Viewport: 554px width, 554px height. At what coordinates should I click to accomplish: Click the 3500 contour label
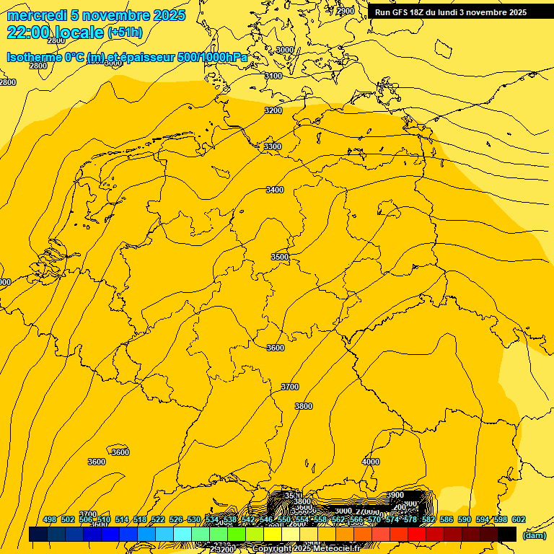(280, 257)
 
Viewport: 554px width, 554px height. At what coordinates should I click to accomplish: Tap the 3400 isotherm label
(275, 190)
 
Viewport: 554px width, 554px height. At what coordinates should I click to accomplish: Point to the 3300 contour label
(273, 146)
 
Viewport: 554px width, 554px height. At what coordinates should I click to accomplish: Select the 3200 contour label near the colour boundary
(273, 110)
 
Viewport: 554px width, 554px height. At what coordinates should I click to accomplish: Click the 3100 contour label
(273, 76)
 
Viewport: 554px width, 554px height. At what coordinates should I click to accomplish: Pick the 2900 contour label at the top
(346, 11)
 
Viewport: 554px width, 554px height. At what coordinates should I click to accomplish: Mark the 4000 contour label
(371, 462)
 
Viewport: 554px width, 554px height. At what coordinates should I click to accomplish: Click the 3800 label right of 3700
(304, 406)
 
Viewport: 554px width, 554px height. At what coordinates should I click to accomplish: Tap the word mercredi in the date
(36, 15)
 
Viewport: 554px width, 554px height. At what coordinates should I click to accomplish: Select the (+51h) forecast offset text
(125, 32)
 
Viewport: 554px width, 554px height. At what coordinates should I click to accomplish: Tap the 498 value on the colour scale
(50, 519)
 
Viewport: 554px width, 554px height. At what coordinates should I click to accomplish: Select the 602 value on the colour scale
(519, 519)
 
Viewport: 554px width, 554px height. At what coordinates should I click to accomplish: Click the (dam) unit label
(534, 535)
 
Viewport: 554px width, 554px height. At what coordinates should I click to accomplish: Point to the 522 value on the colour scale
(158, 519)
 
